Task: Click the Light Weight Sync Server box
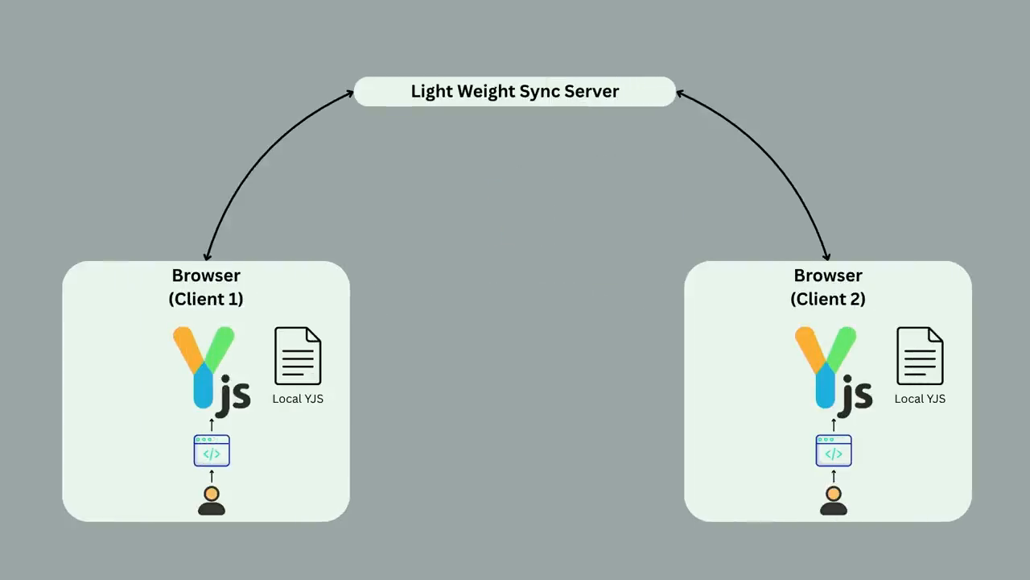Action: pos(514,92)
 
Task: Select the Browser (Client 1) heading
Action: pos(206,287)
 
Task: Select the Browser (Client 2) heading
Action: pos(828,287)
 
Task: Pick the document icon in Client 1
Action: pos(298,356)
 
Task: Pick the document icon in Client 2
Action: pos(920,356)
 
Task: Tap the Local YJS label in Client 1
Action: pos(298,399)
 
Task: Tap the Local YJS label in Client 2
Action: pos(920,399)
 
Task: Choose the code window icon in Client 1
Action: pos(212,450)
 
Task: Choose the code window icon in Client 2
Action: pos(834,450)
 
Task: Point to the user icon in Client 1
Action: pos(212,501)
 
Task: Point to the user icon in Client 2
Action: pos(833,501)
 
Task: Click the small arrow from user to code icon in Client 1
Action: pos(212,476)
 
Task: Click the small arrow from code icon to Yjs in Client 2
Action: pos(834,425)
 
